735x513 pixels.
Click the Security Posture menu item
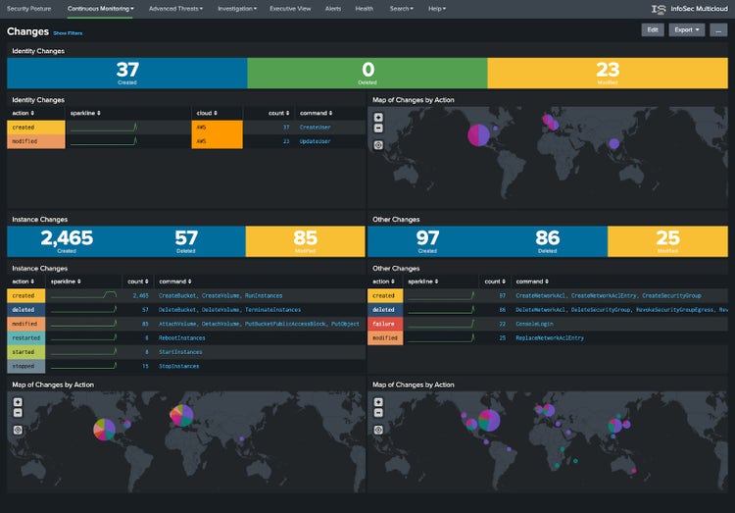pyautogui.click(x=29, y=8)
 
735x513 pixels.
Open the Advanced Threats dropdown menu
pyautogui.click(x=175, y=8)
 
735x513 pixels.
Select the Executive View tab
pyautogui.click(x=290, y=8)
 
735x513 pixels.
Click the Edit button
pyautogui.click(x=652, y=30)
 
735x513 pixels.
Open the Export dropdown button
pyautogui.click(x=686, y=30)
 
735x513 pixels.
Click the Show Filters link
pyautogui.click(x=68, y=33)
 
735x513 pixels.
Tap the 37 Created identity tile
pyautogui.click(x=127, y=74)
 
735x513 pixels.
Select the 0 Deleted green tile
pyautogui.click(x=367, y=74)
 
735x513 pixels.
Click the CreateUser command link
pyautogui.click(x=316, y=127)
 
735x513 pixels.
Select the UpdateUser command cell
pyautogui.click(x=316, y=141)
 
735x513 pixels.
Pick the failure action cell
pyautogui.click(x=384, y=324)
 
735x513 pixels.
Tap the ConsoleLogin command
pyautogui.click(x=537, y=324)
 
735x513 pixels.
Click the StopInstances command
pyautogui.click(x=178, y=366)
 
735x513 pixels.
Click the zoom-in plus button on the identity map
pyautogui.click(x=378, y=117)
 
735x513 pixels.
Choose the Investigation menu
pyautogui.click(x=236, y=8)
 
